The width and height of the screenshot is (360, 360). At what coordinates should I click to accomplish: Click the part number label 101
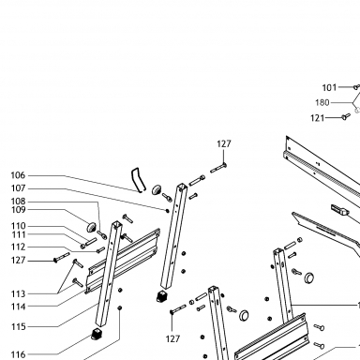pyautogui.click(x=329, y=87)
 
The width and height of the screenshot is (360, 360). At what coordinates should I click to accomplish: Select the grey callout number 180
pyautogui.click(x=322, y=102)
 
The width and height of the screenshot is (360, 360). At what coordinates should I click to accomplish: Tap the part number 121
pyautogui.click(x=318, y=118)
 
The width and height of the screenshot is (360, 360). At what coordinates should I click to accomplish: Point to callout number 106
pyautogui.click(x=18, y=175)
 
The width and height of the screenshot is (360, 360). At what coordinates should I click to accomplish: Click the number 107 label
pyautogui.click(x=18, y=188)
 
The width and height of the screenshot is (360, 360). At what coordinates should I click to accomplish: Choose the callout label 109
pyautogui.click(x=18, y=210)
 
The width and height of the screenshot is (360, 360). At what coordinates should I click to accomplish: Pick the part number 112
pyautogui.click(x=18, y=247)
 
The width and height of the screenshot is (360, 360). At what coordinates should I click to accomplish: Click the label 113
pyautogui.click(x=18, y=293)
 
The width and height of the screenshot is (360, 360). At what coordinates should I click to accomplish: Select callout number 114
pyautogui.click(x=18, y=307)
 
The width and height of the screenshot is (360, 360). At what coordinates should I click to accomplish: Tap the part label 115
pyautogui.click(x=18, y=327)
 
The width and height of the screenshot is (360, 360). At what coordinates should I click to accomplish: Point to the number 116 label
pyautogui.click(x=18, y=354)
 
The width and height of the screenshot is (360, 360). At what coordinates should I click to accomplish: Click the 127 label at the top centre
pyautogui.click(x=224, y=143)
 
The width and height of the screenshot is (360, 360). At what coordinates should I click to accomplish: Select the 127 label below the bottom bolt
pyautogui.click(x=172, y=338)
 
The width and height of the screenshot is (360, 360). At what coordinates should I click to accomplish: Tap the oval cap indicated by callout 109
pyautogui.click(x=92, y=227)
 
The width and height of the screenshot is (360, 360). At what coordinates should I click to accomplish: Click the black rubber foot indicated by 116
pyautogui.click(x=97, y=334)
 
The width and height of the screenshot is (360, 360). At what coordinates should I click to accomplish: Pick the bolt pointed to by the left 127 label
pyautogui.click(x=62, y=257)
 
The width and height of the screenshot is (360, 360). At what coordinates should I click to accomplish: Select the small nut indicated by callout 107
pyautogui.click(x=167, y=211)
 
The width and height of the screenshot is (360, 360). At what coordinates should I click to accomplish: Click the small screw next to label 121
pyautogui.click(x=346, y=116)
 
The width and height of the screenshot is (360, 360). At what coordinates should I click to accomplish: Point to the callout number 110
pyautogui.click(x=18, y=226)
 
